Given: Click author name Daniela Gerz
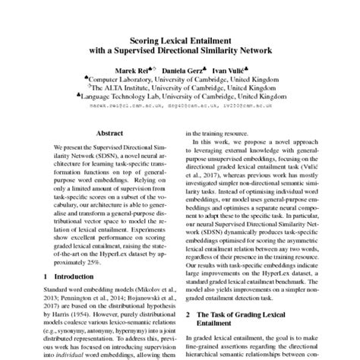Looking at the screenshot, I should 180,70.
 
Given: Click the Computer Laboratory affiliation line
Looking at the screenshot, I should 179,79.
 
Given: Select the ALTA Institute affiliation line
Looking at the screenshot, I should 179,87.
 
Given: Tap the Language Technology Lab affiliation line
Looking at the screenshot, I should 179,96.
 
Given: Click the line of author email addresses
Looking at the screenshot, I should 179,106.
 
